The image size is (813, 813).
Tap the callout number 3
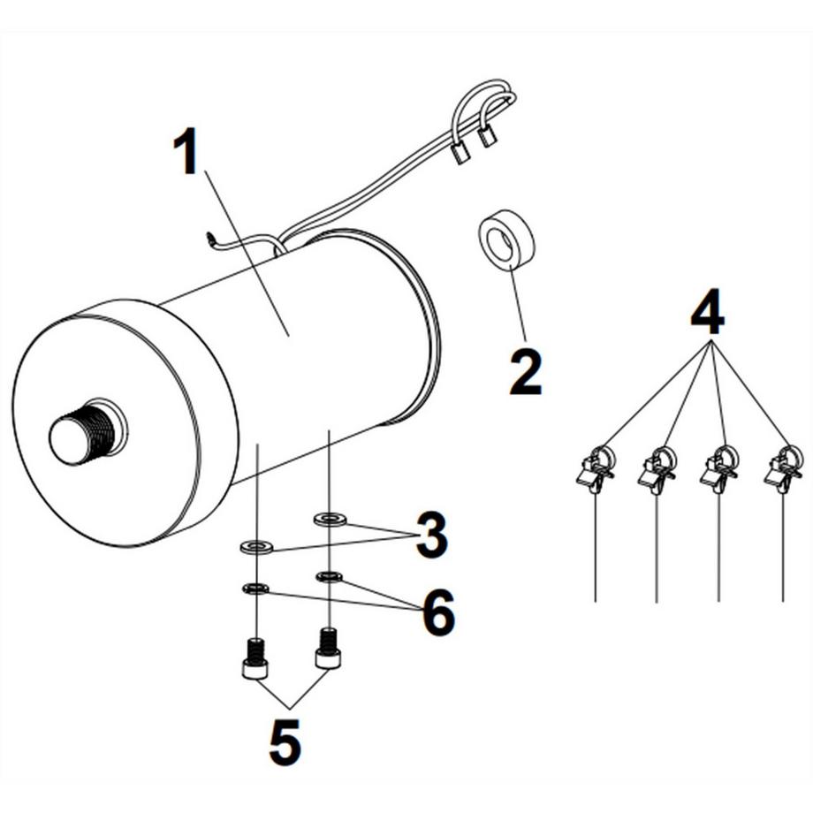point(430,536)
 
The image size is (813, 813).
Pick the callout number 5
point(284,743)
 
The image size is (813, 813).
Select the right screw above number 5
point(328,650)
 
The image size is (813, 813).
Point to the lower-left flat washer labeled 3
point(257,548)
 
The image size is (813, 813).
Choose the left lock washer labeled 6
point(255,588)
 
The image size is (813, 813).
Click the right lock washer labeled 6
point(330,577)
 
